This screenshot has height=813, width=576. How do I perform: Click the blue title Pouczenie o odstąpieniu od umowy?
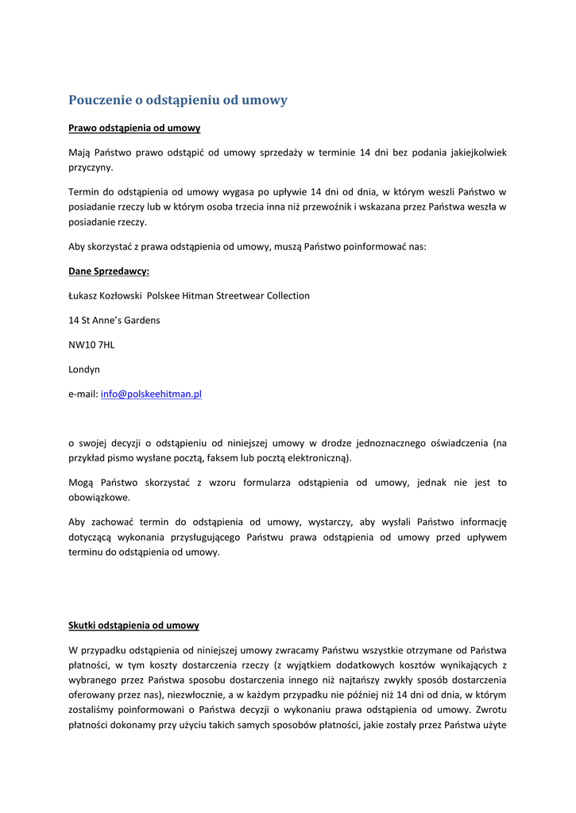coord(177,100)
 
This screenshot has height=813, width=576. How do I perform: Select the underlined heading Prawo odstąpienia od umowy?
coord(133,128)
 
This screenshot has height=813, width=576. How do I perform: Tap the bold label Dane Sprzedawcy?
coord(109,272)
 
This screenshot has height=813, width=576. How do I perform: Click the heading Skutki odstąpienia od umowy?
coord(133,626)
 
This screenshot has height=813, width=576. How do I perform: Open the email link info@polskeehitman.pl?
coord(151,394)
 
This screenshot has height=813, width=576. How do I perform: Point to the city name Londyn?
coord(84,369)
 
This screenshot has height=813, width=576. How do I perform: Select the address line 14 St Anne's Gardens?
coord(114,320)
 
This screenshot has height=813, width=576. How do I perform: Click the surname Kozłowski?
coord(122,295)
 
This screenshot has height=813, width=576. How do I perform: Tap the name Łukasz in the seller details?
coord(83,295)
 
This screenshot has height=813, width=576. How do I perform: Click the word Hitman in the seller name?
coord(197,295)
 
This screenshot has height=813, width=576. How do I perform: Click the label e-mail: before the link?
coord(83,394)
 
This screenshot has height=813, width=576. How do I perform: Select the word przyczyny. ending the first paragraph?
coord(91,168)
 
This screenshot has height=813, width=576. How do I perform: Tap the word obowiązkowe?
coord(99,498)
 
